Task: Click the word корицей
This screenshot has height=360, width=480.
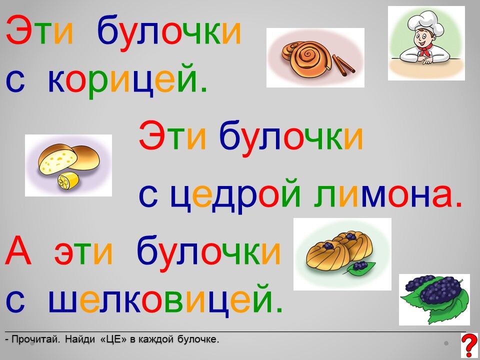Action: [x=127, y=80]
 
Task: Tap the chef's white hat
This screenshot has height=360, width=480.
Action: [x=426, y=22]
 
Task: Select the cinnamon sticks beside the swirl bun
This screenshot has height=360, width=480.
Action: [x=344, y=65]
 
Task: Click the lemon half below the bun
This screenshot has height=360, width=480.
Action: [x=67, y=181]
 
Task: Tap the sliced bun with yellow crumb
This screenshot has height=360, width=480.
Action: [x=58, y=159]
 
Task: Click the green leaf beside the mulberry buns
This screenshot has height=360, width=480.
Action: [x=360, y=267]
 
